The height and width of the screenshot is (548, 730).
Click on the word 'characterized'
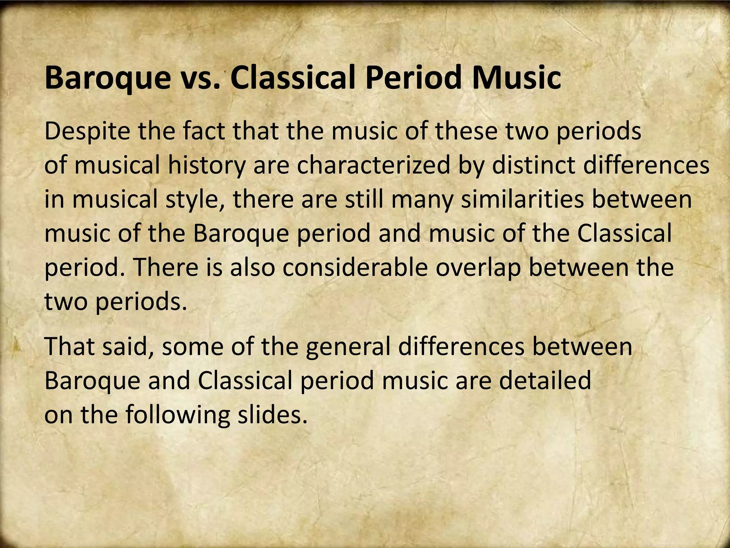pos(373,166)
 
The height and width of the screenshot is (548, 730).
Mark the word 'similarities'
pos(522,200)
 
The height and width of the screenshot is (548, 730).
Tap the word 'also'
pos(252,268)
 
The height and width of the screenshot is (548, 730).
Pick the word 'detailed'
pos(545,381)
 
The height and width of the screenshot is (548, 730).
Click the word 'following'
pos(177,415)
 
